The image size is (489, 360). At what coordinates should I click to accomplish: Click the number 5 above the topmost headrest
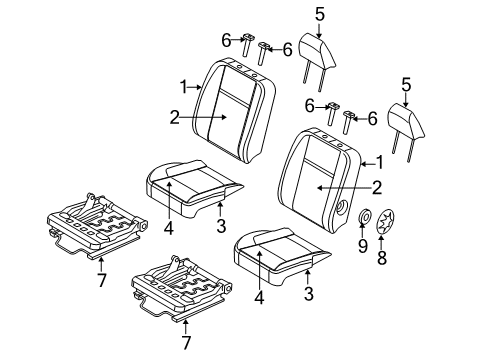tap(320, 15)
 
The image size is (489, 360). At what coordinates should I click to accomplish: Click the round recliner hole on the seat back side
tap(344, 206)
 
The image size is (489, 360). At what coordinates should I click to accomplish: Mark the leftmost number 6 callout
tap(227, 39)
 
